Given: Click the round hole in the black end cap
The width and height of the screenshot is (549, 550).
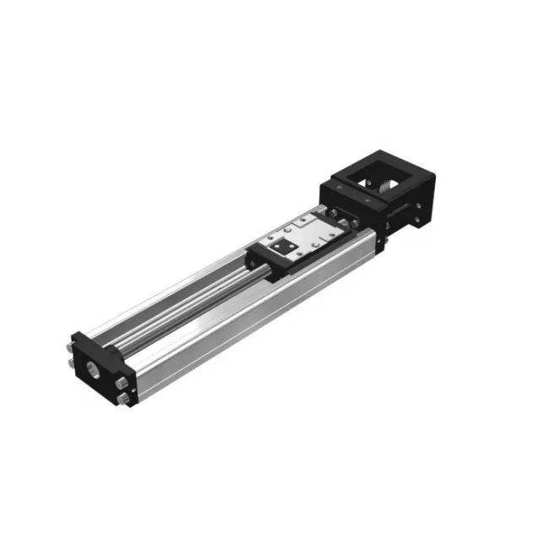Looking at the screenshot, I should coord(91,370).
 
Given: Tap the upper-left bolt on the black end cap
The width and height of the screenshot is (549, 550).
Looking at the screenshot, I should coord(68,347).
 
